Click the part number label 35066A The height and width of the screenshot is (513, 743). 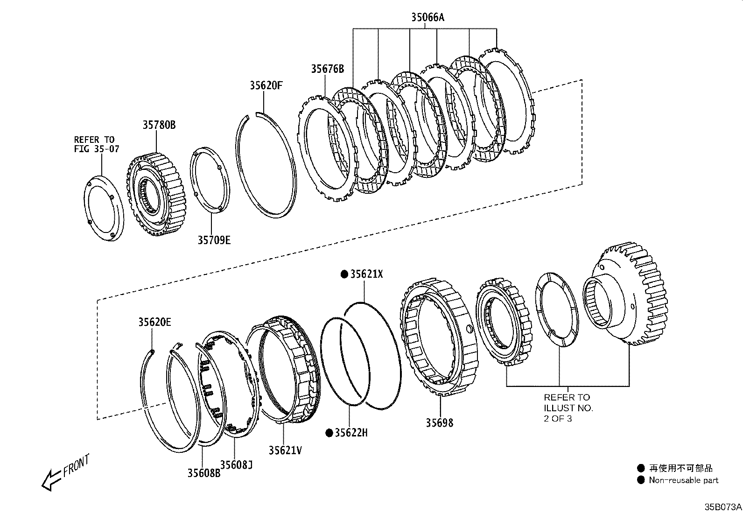(428, 18)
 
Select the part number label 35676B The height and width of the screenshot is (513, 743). (328, 69)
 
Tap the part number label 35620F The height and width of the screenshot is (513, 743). (266, 85)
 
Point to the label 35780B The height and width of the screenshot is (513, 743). (159, 125)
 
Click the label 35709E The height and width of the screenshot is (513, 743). (214, 240)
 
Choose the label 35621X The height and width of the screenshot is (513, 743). (366, 274)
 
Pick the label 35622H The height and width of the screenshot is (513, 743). (351, 433)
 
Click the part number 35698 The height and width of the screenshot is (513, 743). (439, 423)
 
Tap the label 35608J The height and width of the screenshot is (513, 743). (236, 464)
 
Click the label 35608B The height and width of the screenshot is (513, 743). (204, 472)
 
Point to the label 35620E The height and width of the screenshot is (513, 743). (154, 322)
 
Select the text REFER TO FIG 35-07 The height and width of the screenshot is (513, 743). (97, 144)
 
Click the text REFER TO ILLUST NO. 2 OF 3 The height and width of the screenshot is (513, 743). (568, 408)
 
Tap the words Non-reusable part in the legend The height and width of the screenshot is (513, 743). (684, 480)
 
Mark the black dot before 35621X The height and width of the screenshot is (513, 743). (344, 274)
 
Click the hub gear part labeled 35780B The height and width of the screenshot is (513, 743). (156, 194)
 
